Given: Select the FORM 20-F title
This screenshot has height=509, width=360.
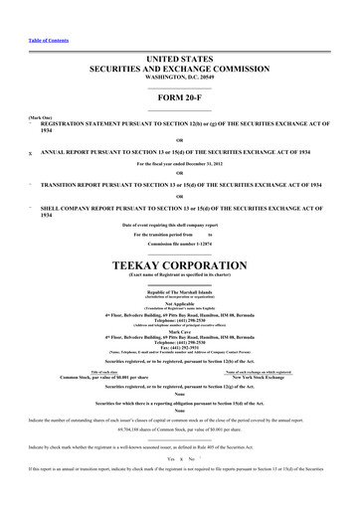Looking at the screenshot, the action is [179, 98].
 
